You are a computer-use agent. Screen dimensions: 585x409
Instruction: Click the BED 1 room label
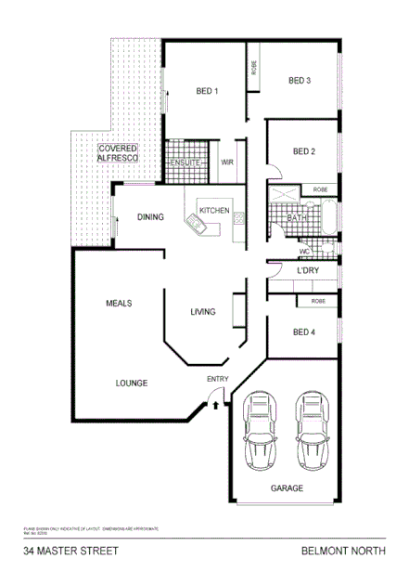207,91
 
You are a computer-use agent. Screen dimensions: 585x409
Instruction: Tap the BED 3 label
299,81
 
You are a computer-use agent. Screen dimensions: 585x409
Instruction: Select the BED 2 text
304,151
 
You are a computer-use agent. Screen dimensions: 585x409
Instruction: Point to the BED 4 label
304,332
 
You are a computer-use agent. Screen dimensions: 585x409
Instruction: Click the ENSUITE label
185,162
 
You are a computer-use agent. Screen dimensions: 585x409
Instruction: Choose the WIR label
226,162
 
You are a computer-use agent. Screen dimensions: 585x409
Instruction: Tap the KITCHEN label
214,211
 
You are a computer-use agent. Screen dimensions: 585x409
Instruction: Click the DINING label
150,217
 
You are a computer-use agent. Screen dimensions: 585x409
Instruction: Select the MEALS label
119,304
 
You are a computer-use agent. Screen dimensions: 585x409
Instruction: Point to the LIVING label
203,312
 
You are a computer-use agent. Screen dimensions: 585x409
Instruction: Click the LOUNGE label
132,383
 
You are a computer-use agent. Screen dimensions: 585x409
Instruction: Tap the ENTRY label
217,379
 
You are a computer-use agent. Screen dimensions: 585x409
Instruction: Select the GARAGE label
286,487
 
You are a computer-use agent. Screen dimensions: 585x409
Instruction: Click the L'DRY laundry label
308,270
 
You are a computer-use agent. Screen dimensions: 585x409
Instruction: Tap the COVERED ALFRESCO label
119,154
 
